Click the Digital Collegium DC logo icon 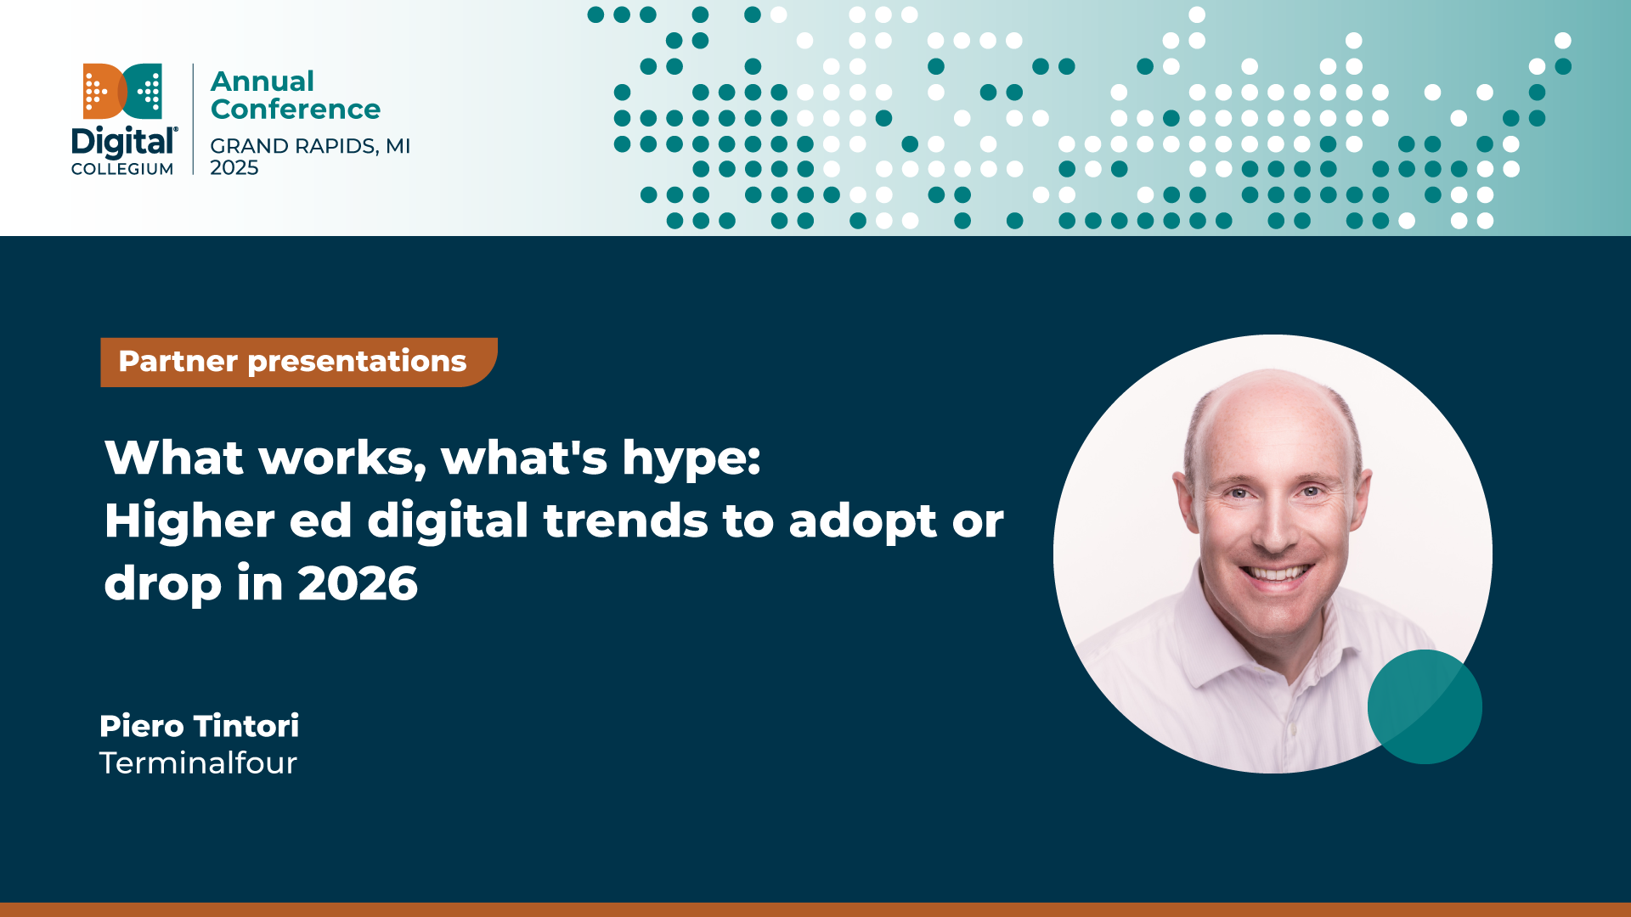pos(122,91)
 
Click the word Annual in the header pos(262,82)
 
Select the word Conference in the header pos(295,110)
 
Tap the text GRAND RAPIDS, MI pos(310,146)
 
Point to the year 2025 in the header pos(234,168)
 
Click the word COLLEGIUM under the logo pos(122,169)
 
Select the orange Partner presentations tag pos(293,362)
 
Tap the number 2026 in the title pos(358,583)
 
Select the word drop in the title pos(162,585)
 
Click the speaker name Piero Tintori pos(199,726)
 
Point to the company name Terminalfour pos(198,763)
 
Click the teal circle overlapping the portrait pos(1425,706)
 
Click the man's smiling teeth pos(1276,573)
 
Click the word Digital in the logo pos(123,143)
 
